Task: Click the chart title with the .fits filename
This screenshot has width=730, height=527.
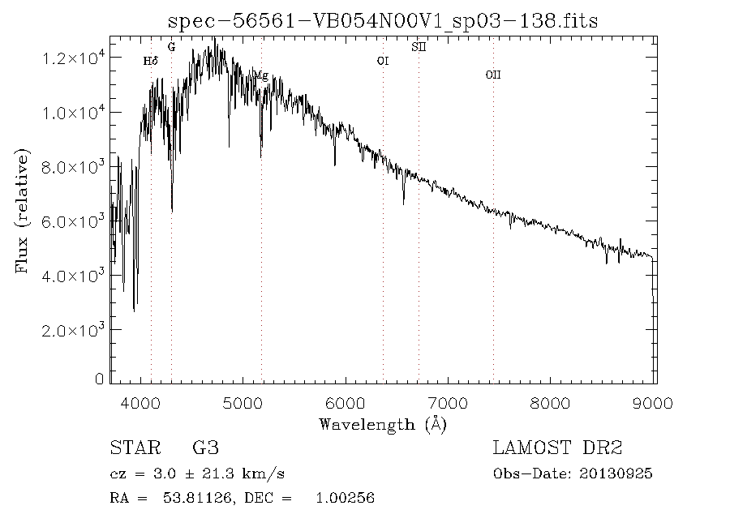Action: tap(382, 20)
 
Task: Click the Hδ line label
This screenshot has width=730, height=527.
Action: tap(150, 61)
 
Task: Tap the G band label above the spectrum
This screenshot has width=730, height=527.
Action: tap(171, 47)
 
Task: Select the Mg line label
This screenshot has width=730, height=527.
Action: tap(260, 75)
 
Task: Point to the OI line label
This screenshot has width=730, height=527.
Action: tap(383, 61)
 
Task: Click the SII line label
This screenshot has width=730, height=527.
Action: tap(418, 47)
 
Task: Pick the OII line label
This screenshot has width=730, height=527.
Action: tap(492, 75)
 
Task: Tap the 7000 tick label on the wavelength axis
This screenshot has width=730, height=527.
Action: tap(449, 401)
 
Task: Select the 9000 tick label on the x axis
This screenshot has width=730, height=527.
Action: tap(655, 401)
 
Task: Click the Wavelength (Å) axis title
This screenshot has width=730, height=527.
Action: tap(383, 424)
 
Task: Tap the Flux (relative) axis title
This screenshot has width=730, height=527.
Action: tap(22, 210)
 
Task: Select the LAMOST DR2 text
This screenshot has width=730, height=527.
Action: tap(557, 448)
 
